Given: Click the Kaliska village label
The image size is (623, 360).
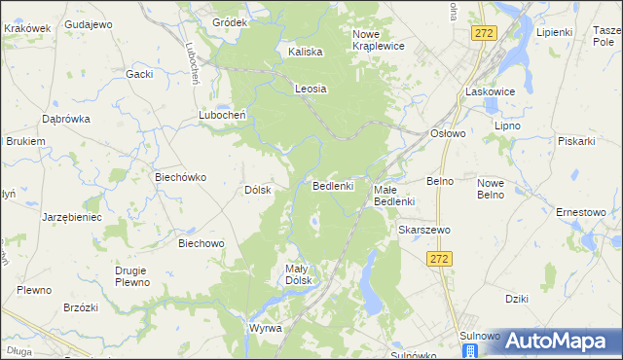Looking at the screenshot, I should tap(306, 53).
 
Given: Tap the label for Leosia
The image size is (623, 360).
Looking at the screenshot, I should tap(311, 89).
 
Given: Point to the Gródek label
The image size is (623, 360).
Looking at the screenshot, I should tap(230, 21).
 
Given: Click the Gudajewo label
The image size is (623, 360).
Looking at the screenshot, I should tap(88, 22).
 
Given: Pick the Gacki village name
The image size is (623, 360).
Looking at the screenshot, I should tap(140, 74).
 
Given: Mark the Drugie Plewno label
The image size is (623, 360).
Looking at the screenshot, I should tap(130, 276).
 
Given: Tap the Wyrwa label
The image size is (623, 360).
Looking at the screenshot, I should tap(265, 328).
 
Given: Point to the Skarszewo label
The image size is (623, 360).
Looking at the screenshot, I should tap(421, 230).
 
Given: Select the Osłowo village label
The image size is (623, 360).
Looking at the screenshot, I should tap(448, 133).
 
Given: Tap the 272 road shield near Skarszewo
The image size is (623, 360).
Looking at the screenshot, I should tap(438, 258).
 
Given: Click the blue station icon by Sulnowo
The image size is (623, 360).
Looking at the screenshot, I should tap(470, 349).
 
